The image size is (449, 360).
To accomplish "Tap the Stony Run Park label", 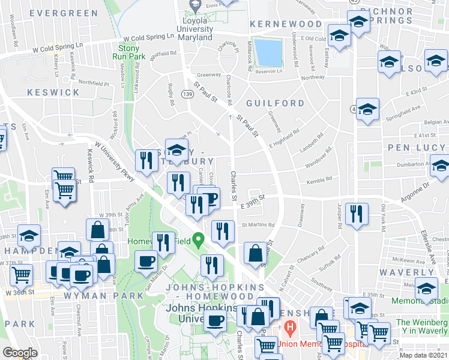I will click(129, 52).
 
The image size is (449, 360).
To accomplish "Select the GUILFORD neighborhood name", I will click(275, 103).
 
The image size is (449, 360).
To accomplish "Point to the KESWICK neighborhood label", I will click(53, 92).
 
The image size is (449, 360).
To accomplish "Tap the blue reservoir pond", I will click(268, 52).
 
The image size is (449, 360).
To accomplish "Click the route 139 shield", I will click(188, 94).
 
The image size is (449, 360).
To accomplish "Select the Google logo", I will click(20, 352).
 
